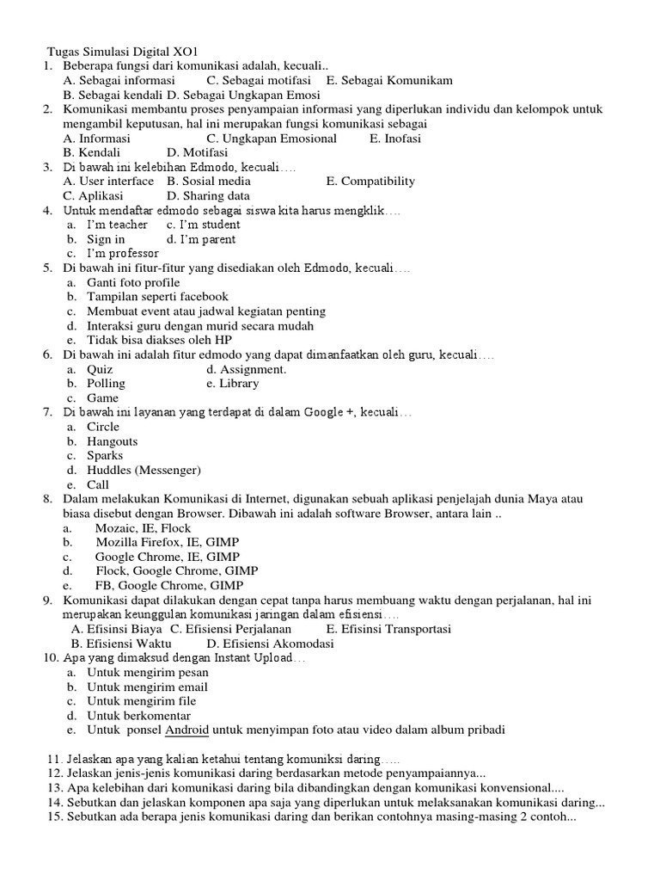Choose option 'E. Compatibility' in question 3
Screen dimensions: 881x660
point(370,181)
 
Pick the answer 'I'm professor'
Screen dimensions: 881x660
point(123,253)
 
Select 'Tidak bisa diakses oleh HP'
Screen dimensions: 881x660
point(160,340)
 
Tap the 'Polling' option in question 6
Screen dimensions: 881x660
point(106,383)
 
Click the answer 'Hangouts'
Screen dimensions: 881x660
point(112,441)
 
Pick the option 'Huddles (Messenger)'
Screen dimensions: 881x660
point(144,470)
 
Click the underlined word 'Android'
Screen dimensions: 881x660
point(186,730)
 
